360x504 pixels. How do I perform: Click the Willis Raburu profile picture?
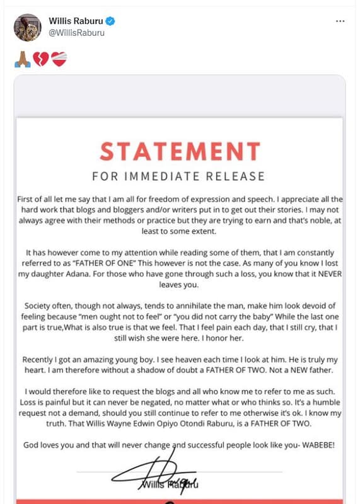[x=27, y=27]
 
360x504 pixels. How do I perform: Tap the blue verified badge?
[x=110, y=21]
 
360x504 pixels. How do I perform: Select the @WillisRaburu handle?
[x=76, y=33]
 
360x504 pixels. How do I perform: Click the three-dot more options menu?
[x=340, y=21]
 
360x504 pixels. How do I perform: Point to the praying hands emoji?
[x=22, y=59]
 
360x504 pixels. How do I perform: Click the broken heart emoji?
[x=41, y=59]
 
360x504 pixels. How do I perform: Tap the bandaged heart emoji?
[x=59, y=59]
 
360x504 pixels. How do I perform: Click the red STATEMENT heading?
[x=180, y=151]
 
